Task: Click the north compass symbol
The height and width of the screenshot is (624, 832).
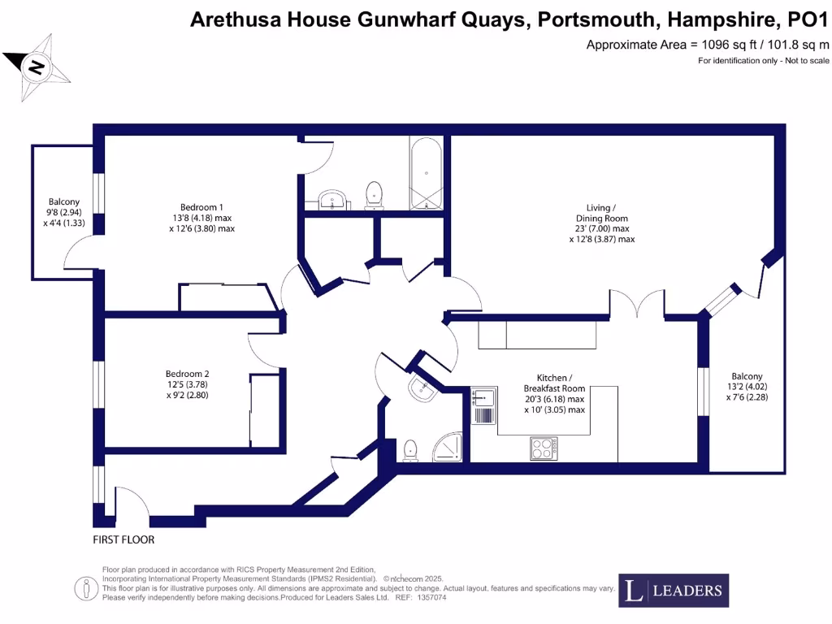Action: coord(37,67)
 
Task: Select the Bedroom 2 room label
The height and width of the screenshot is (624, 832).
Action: coord(188,375)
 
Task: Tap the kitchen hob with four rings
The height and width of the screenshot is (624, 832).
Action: coord(544,448)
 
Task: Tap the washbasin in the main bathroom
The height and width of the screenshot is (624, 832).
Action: coord(331,199)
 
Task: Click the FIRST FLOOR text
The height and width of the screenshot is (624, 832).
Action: coord(123,539)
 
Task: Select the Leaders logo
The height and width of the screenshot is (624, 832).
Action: coord(674,591)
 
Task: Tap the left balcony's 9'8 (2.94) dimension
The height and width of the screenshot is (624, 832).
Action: coord(64,212)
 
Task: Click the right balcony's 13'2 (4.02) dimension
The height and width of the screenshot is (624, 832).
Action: coord(747,387)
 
